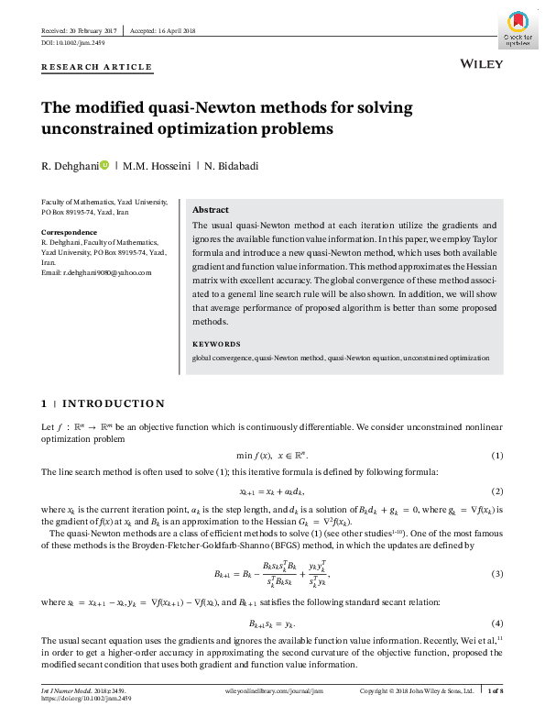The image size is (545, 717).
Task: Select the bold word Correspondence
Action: [69, 233]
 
